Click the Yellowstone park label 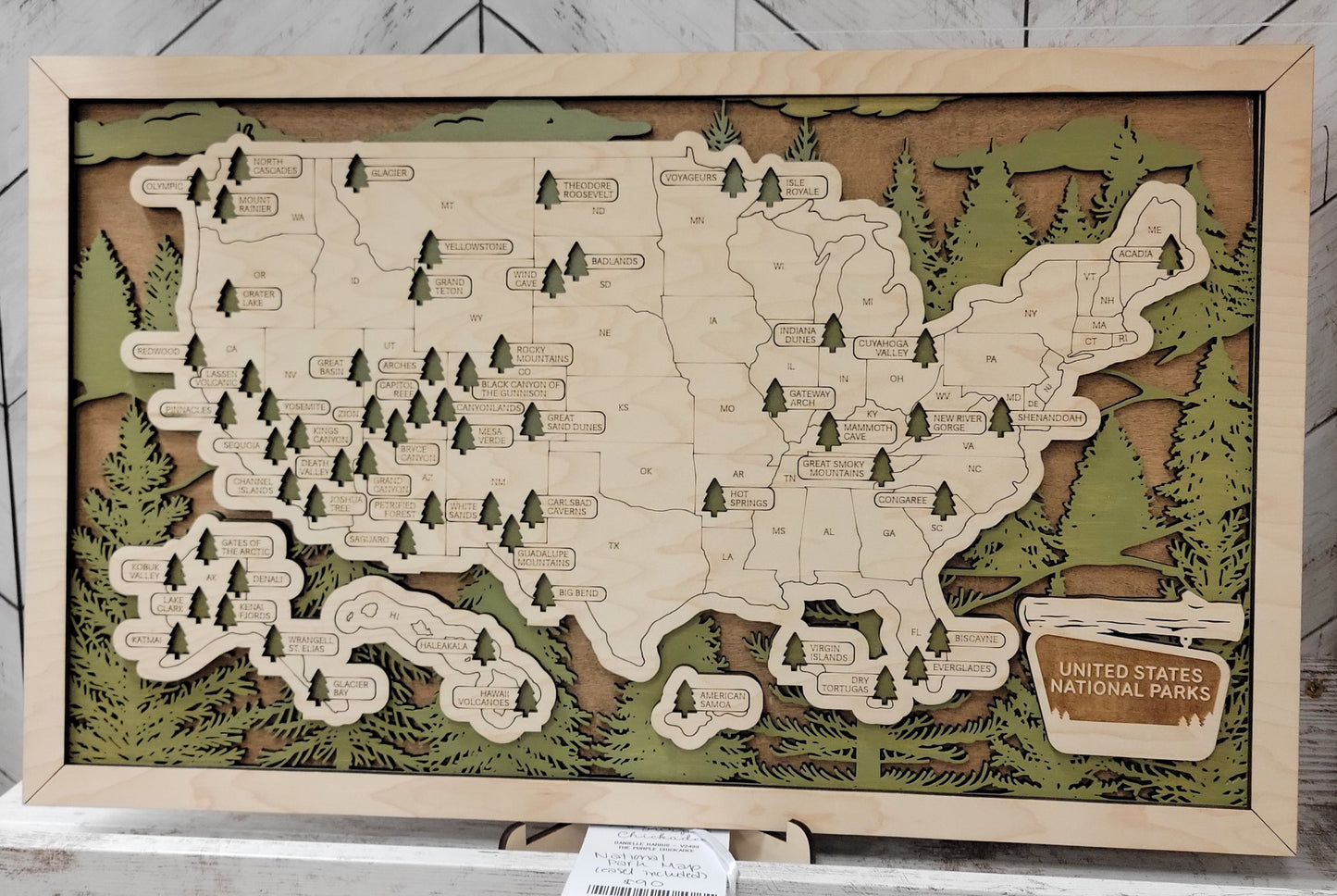coord(477,247)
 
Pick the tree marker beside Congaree coord(943,501)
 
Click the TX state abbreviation coord(613,546)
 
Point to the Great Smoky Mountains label coord(834,468)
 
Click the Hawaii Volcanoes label coord(482,697)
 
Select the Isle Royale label coord(802,187)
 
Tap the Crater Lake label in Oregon coord(258,298)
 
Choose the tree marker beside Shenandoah coord(1000,417)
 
